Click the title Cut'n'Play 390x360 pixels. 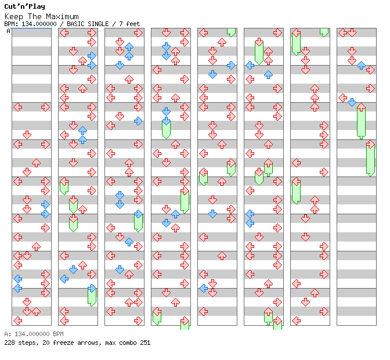pos(24,6)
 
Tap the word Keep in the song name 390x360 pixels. pos(14,17)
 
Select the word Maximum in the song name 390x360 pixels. pos(62,17)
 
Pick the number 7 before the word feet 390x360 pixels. pos(121,24)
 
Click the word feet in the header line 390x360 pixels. pos(133,24)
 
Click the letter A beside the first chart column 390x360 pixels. pos(8,31)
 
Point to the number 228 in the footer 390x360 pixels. pos(9,343)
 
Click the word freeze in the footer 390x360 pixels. pos(63,343)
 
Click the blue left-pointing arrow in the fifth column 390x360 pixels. pos(204,289)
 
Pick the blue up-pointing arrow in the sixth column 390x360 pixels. pos(268,74)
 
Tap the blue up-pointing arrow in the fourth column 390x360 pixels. pos(175,214)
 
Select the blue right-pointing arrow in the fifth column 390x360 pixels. pos(231,65)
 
